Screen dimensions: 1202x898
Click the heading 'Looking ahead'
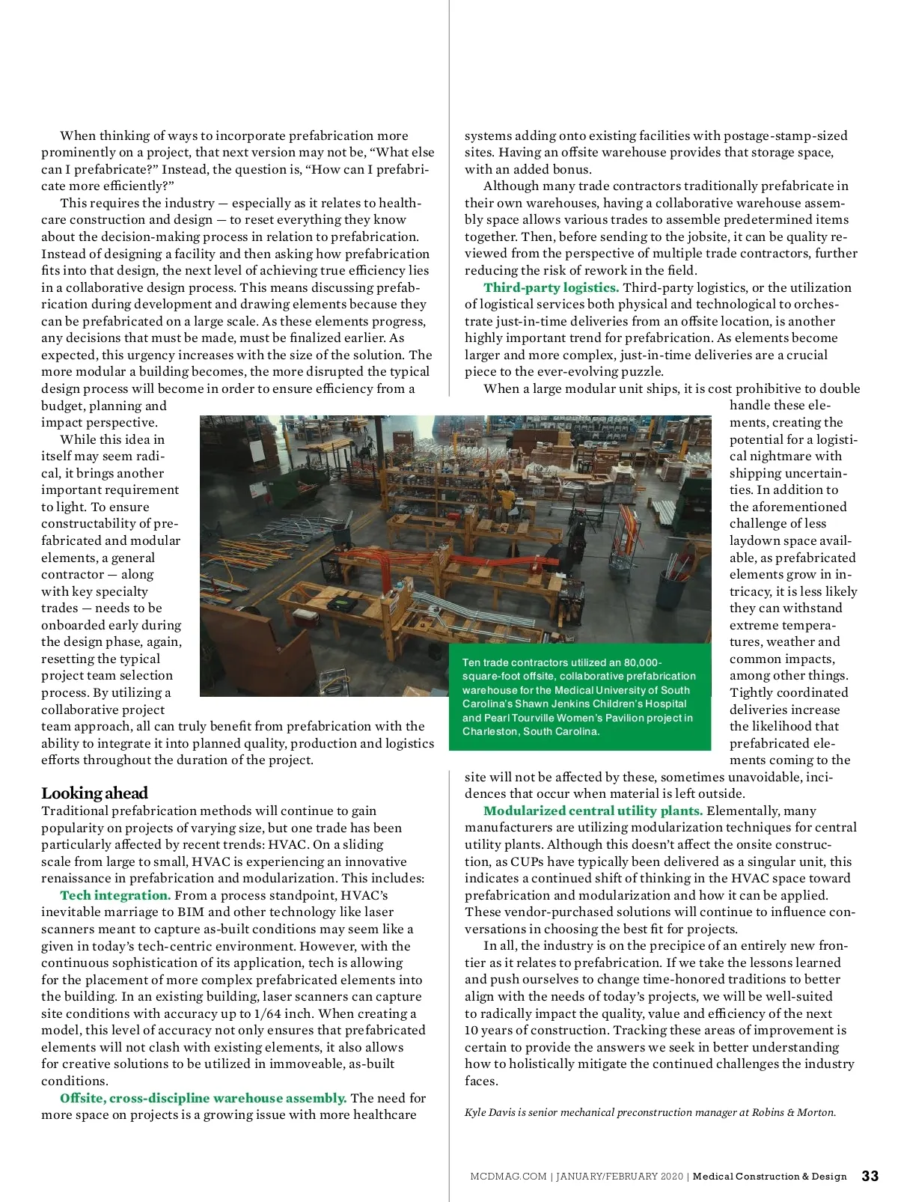pyautogui.click(x=94, y=793)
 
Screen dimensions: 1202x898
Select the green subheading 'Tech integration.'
pyautogui.click(x=115, y=895)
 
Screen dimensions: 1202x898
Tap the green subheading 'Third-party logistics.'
pyautogui.click(x=551, y=287)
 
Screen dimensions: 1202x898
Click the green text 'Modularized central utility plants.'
pyautogui.click(x=593, y=811)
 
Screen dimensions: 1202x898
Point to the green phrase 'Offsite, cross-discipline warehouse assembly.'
pyautogui.click(x=203, y=1098)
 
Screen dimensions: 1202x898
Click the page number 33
pyautogui.click(x=870, y=1176)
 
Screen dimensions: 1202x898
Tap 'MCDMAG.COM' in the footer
pyautogui.click(x=508, y=1177)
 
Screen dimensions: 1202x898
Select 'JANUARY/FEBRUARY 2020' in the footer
pyautogui.click(x=619, y=1177)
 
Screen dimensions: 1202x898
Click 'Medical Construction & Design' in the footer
pyautogui.click(x=769, y=1177)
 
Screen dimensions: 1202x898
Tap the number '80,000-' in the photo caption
pyautogui.click(x=642, y=662)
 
